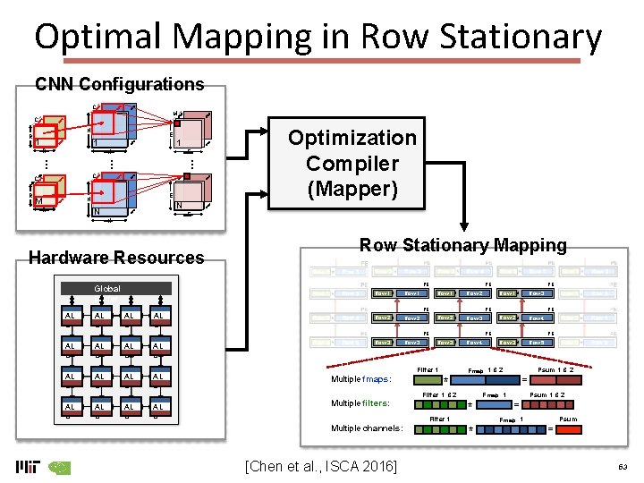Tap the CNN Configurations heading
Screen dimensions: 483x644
click(119, 85)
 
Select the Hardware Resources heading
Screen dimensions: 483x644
click(116, 258)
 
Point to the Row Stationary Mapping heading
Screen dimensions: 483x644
click(462, 245)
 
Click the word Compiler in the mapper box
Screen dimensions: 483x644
click(352, 164)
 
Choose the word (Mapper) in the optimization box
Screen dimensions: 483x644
click(352, 190)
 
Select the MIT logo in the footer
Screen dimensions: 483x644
click(28, 467)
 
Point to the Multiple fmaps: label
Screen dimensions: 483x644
click(361, 378)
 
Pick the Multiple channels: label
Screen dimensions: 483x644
click(366, 428)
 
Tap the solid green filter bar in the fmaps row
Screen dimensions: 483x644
click(428, 379)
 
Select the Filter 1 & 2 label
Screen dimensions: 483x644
click(439, 394)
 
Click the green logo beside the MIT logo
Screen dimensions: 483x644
click(59, 467)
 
